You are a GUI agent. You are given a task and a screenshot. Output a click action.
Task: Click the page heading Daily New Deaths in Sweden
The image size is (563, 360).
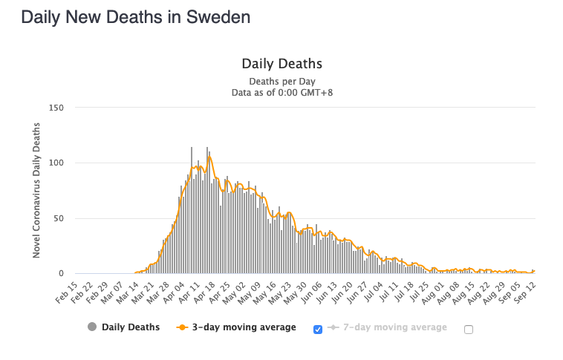click(x=135, y=17)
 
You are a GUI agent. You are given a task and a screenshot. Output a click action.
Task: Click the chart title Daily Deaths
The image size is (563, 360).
click(x=281, y=64)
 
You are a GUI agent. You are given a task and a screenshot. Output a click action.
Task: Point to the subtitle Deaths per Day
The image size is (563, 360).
click(x=281, y=81)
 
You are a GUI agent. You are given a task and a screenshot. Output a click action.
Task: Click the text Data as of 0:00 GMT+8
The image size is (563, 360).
click(x=281, y=93)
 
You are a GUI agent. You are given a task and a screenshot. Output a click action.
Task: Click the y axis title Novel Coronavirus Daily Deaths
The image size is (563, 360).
click(x=36, y=191)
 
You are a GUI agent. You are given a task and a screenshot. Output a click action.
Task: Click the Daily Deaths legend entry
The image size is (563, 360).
click(x=130, y=327)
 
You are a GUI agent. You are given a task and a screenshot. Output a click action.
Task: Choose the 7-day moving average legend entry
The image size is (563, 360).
click(x=394, y=327)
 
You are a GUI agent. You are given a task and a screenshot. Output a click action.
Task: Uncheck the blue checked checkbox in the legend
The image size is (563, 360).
click(x=318, y=330)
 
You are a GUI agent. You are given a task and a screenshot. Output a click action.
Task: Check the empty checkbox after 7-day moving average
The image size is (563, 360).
click(x=469, y=330)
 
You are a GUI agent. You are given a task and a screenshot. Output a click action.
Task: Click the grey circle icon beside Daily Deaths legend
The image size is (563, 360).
click(x=92, y=327)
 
